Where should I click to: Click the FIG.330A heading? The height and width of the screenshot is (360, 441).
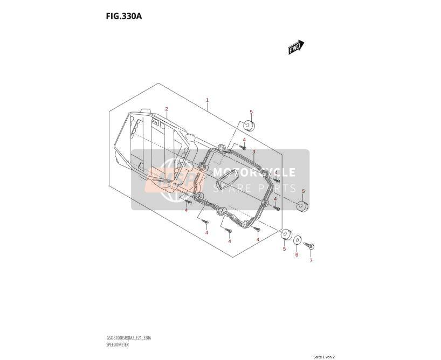(x=124, y=16)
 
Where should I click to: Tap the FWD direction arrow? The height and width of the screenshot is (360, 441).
(x=296, y=47)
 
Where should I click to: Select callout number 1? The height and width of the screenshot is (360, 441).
(x=207, y=100)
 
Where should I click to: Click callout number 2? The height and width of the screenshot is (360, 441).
(x=167, y=109)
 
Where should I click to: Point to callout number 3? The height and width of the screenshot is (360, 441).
(x=254, y=152)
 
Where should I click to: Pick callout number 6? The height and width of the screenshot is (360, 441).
(x=297, y=255)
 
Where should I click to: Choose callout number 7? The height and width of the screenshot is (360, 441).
(x=311, y=261)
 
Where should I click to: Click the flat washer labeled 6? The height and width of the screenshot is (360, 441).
(x=298, y=240)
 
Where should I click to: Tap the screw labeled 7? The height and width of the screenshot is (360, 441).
(x=309, y=246)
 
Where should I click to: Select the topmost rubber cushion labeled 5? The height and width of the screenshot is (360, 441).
(x=249, y=126)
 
